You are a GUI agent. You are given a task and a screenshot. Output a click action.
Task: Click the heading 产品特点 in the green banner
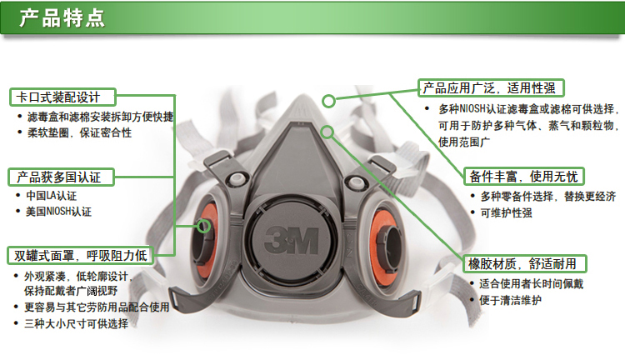(x=62, y=18)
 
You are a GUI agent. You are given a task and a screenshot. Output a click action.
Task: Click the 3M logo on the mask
(x=292, y=240)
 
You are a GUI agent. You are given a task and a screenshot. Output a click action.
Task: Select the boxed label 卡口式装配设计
(x=62, y=97)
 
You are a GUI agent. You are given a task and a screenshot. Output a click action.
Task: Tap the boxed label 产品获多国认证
(x=61, y=177)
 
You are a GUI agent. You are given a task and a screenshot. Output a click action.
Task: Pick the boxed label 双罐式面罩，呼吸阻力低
(x=80, y=255)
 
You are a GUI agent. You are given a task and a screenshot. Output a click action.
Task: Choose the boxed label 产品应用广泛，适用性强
(x=491, y=87)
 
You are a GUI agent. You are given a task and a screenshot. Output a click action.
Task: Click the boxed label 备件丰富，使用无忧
(x=524, y=176)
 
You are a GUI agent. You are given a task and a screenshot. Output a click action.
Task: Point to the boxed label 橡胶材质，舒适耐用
(x=524, y=263)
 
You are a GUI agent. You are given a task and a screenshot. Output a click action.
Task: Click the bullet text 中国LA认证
(x=51, y=196)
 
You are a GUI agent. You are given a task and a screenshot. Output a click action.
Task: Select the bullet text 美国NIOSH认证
(x=58, y=212)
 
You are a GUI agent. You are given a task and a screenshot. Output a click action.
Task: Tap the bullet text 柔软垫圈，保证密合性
(x=79, y=132)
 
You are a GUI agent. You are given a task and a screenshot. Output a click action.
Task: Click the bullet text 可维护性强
(x=506, y=212)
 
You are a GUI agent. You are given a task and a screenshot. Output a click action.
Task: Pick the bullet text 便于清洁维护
(x=510, y=300)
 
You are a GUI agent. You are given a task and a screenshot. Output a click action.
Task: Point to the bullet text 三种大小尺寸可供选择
(x=76, y=323)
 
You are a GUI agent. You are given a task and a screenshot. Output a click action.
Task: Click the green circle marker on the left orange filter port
(x=203, y=226)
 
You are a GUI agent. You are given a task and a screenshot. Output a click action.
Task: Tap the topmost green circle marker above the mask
(x=329, y=102)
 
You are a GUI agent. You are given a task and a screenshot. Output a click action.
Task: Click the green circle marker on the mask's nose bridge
(x=327, y=132)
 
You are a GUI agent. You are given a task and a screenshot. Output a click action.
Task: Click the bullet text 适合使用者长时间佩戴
(x=531, y=284)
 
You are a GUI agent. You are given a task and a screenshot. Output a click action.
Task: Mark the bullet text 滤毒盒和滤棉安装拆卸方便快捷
(x=100, y=117)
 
